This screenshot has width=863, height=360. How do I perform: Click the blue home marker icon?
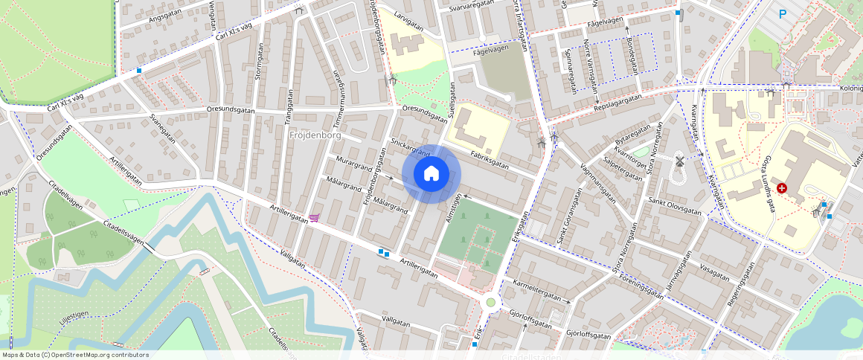click(431, 174)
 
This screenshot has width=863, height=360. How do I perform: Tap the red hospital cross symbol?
click(781, 188)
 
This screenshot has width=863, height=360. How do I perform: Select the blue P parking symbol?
click(782, 13)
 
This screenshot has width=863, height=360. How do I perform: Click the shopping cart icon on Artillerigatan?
click(314, 218)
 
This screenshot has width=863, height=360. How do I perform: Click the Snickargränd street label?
click(411, 147)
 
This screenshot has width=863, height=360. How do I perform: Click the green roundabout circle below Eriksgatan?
click(490, 302)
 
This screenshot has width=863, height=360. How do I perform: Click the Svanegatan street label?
click(161, 128)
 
